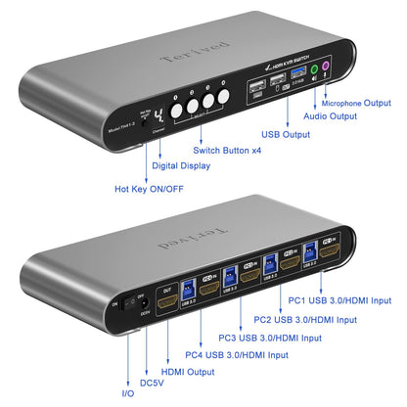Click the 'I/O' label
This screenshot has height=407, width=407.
(x=129, y=392)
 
